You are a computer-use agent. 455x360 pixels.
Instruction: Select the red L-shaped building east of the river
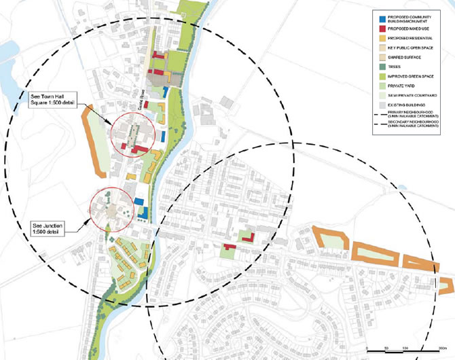pos(248,236)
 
